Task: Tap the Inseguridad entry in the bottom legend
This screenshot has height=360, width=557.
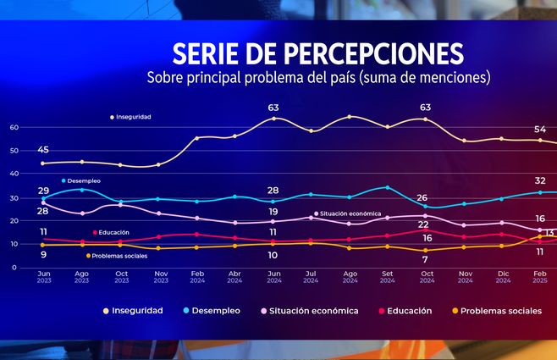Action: (132, 311)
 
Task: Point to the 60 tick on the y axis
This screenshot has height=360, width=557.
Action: (14, 128)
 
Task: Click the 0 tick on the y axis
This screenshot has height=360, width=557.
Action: (14, 268)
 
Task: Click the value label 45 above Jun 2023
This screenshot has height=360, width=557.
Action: (43, 150)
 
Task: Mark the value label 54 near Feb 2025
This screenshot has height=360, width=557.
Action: (539, 129)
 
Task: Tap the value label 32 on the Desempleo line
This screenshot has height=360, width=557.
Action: (539, 180)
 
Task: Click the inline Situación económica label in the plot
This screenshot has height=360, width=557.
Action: (350, 213)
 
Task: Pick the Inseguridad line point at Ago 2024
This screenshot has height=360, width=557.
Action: (349, 117)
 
